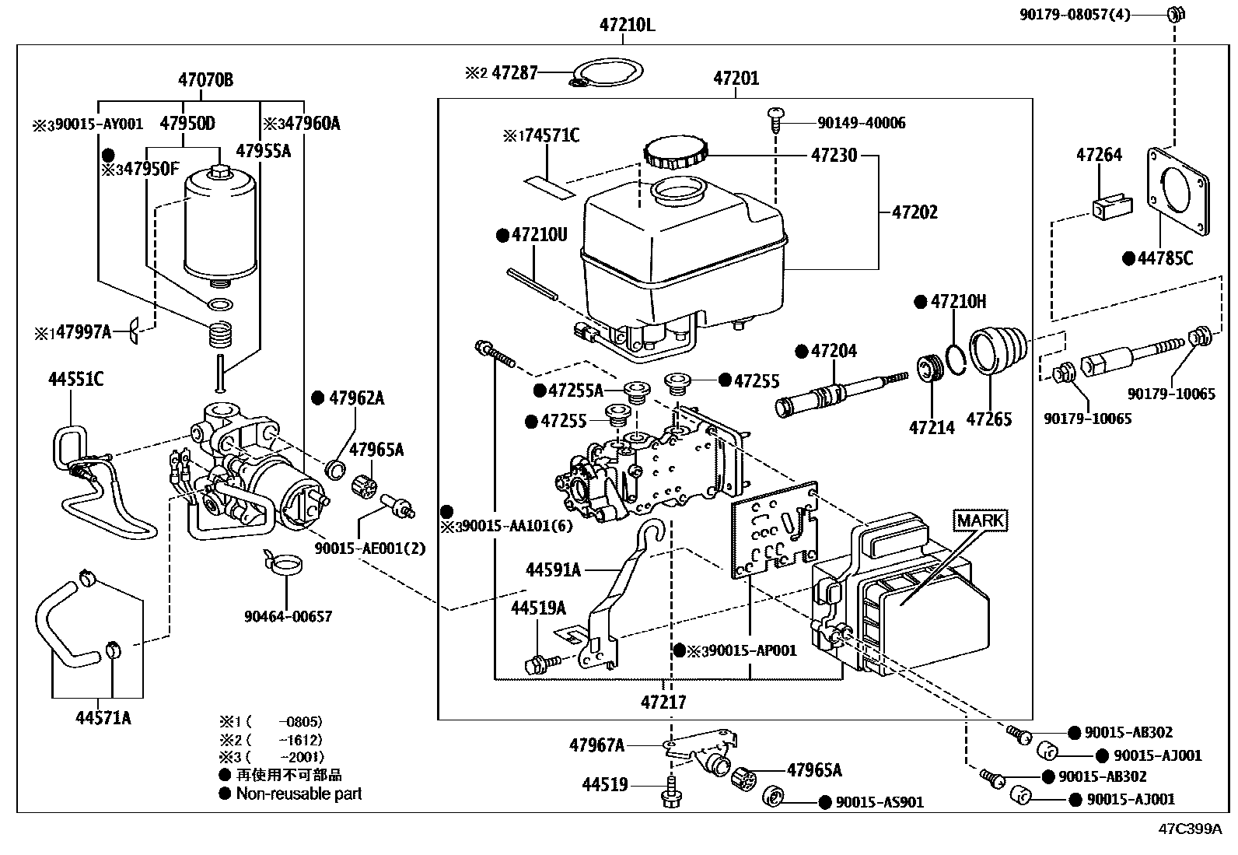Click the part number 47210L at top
(627, 25)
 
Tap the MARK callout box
(980, 520)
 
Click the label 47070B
(205, 79)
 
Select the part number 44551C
(76, 380)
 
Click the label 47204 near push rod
(834, 351)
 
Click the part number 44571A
(103, 718)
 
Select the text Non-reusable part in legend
(299, 794)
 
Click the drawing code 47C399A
(1191, 829)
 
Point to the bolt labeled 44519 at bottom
(670, 794)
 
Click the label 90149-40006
(861, 123)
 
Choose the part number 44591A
(553, 570)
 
